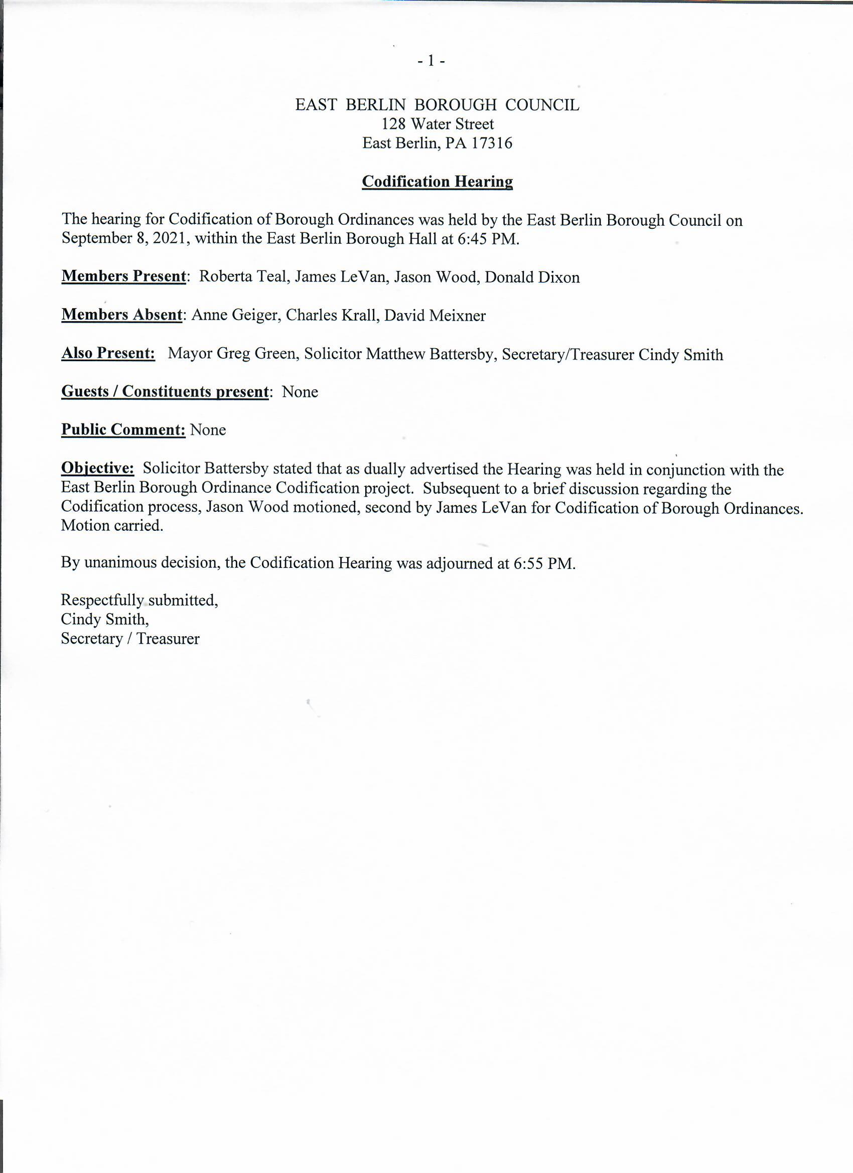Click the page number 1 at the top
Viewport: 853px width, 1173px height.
coord(431,62)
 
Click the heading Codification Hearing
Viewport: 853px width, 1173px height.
coord(437,182)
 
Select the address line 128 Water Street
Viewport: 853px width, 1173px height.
coord(438,124)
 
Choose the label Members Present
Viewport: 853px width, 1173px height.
coord(123,276)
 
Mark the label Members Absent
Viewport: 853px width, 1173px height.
coord(121,315)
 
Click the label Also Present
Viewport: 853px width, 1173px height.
coord(108,353)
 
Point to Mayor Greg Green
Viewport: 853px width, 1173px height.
coord(234,354)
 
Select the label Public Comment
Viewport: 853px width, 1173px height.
coord(123,429)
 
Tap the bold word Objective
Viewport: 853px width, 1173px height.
coord(98,468)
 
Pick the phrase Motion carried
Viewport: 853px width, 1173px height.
coord(112,525)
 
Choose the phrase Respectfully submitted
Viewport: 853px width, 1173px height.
coord(139,600)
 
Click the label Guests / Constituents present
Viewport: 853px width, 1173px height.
coord(165,391)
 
